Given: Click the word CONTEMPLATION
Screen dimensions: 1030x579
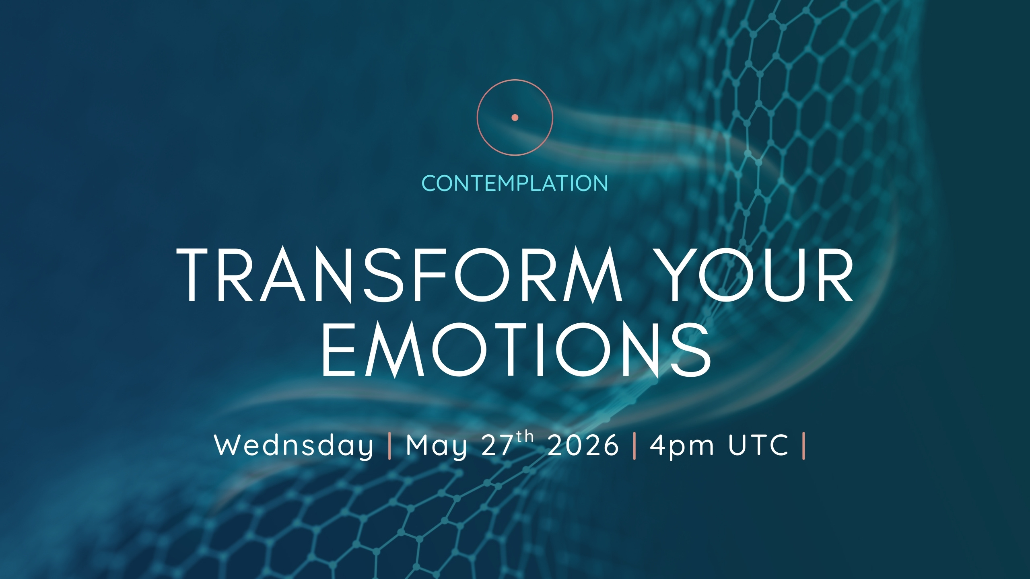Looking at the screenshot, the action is click(x=515, y=183).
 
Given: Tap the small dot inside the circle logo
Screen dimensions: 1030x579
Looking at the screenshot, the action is click(x=515, y=117).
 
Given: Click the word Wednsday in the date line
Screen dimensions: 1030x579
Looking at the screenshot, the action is click(x=294, y=446).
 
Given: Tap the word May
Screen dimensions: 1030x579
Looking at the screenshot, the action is click(x=437, y=446).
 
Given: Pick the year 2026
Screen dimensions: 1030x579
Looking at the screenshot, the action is click(x=583, y=445).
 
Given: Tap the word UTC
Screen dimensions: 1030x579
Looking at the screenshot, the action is click(x=758, y=445).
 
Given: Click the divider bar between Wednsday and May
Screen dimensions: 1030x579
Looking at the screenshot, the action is click(x=389, y=445).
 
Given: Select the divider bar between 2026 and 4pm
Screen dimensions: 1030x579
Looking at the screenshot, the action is click(x=634, y=445).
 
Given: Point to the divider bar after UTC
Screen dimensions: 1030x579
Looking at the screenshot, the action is click(x=803, y=445).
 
